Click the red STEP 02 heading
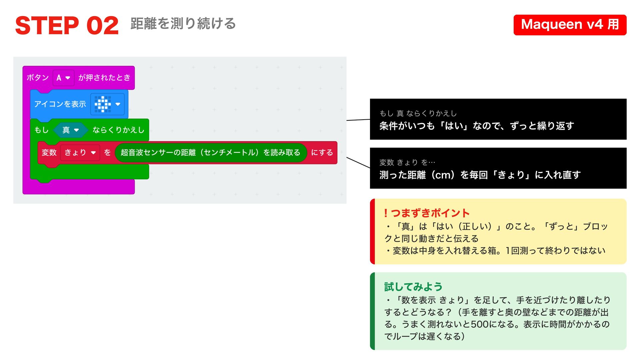click(x=67, y=26)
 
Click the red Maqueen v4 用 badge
click(x=570, y=25)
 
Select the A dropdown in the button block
click(x=63, y=78)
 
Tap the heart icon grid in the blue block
click(x=103, y=104)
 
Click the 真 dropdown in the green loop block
click(x=70, y=130)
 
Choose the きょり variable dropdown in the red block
click(x=80, y=153)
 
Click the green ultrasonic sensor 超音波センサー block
click(x=210, y=153)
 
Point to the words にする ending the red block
click(x=322, y=153)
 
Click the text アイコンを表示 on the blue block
click(x=60, y=104)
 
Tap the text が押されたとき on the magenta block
click(x=104, y=78)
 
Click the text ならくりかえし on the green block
click(x=118, y=130)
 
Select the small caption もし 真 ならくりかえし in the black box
click(x=418, y=113)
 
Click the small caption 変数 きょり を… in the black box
click(x=407, y=162)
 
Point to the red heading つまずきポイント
click(x=430, y=213)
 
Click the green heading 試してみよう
click(x=413, y=287)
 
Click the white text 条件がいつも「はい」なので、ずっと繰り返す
click(x=477, y=126)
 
